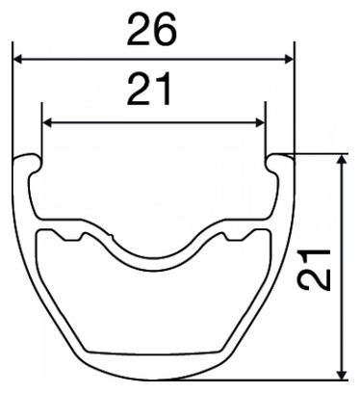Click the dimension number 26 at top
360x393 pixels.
(152, 30)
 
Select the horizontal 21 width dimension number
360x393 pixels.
(148, 89)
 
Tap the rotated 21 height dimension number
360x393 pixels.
(314, 269)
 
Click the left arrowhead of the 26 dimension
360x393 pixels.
(17, 59)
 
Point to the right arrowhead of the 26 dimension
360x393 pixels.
(290, 59)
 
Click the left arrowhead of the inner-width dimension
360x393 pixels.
(47, 122)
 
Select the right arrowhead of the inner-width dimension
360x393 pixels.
(260, 122)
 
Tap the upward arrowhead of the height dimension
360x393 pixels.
(342, 159)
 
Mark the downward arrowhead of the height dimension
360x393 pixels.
(342, 375)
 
